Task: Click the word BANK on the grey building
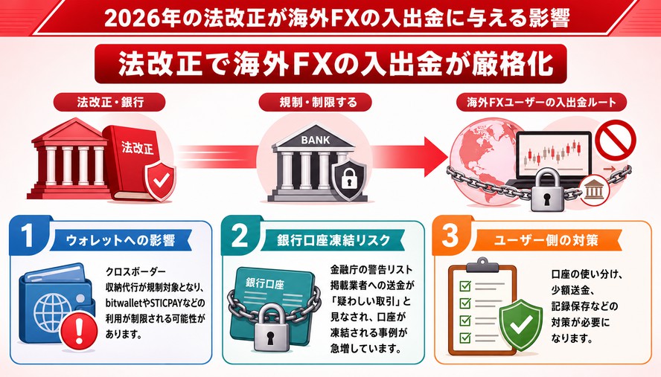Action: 316,140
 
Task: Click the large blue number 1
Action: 28,235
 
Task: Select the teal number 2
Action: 240,236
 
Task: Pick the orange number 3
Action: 450,235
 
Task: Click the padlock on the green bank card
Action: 271,329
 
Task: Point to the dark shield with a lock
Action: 349,178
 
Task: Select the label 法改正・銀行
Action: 110,103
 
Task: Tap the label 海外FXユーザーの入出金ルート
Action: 542,103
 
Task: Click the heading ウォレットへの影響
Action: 121,240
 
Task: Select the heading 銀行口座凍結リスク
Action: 333,240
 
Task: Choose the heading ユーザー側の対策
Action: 546,240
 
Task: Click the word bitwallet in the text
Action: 123,303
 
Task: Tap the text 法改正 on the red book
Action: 138,147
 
